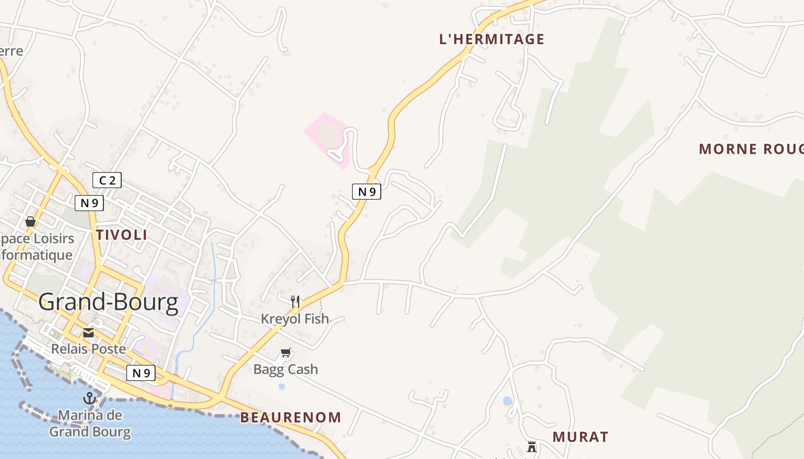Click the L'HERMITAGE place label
(491, 39)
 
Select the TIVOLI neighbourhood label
(122, 235)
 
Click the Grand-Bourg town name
(109, 302)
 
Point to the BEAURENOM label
(291, 417)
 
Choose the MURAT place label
(580, 437)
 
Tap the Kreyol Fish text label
(295, 318)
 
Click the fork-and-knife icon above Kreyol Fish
(295, 301)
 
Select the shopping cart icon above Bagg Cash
(286, 353)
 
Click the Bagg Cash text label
(285, 369)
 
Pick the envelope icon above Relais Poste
(88, 333)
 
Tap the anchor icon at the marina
(90, 398)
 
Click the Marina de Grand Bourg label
(90, 423)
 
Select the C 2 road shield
(107, 181)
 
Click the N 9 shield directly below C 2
(89, 203)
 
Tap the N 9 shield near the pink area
(366, 192)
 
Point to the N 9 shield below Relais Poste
(141, 373)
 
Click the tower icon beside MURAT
(532, 446)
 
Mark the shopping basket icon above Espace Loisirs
(30, 221)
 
